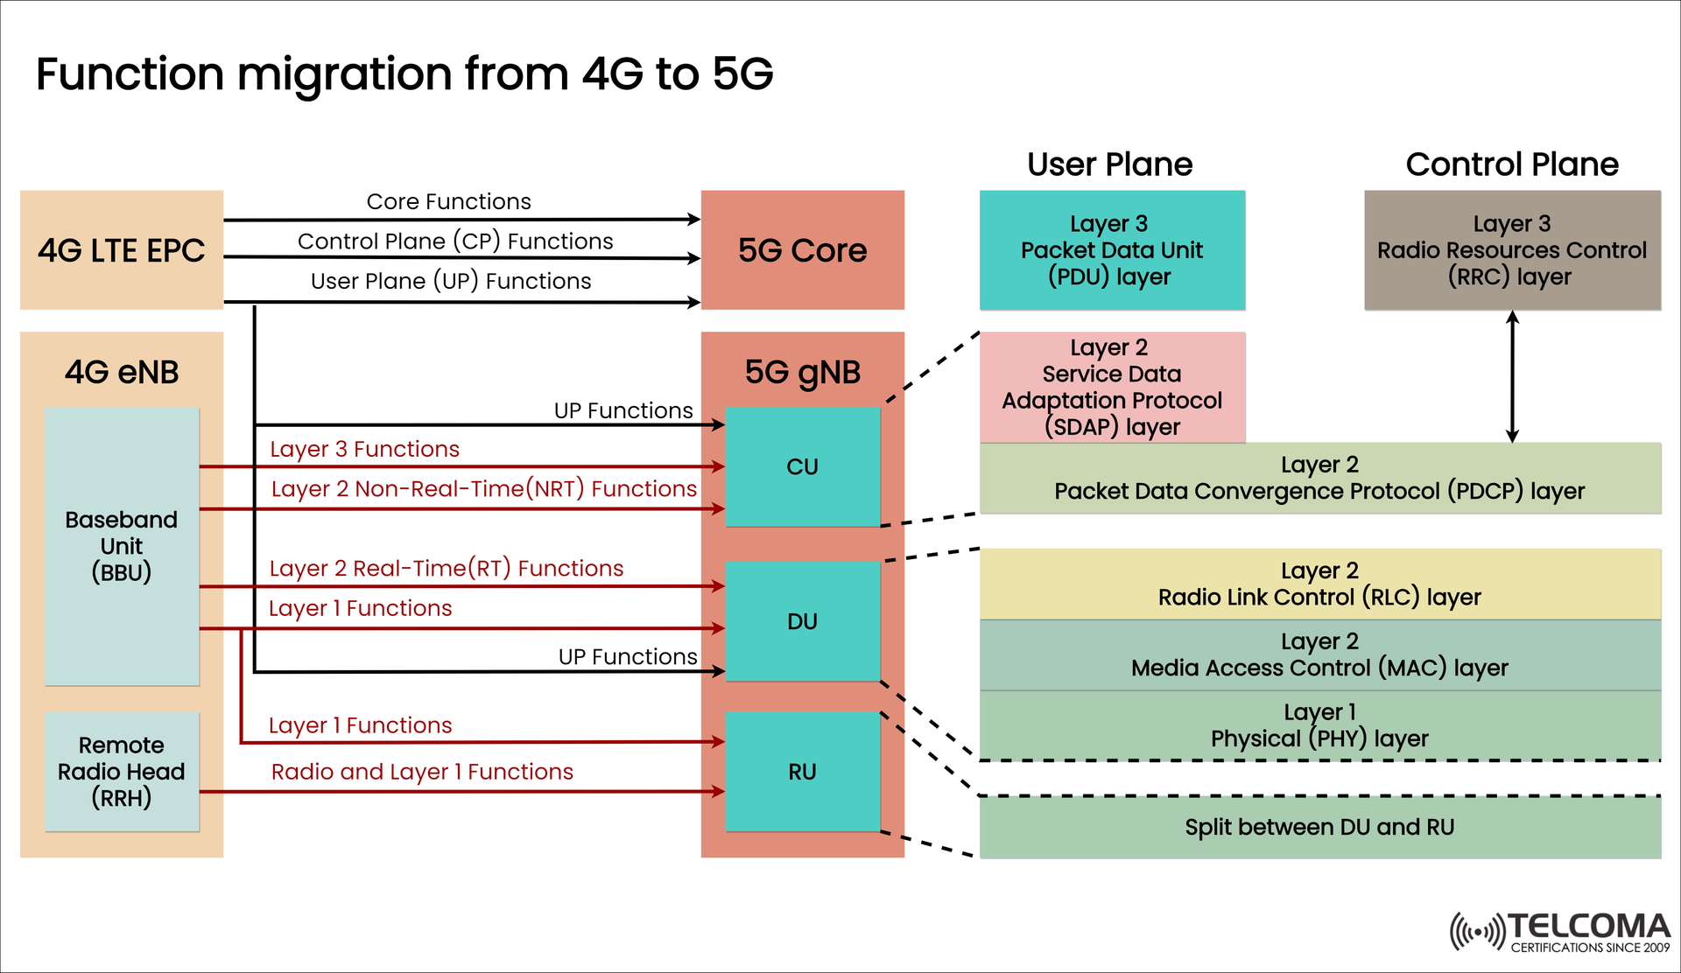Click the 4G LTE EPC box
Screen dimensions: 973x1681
pos(122,250)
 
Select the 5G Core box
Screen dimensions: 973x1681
pos(802,250)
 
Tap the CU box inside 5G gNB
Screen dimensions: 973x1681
pos(802,466)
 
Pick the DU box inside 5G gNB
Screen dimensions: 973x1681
pos(802,621)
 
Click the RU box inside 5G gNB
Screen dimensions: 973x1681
pos(802,772)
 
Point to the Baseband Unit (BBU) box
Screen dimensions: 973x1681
pos(122,546)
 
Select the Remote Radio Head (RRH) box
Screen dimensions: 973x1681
pos(122,772)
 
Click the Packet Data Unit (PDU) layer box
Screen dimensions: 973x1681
pos(1112,250)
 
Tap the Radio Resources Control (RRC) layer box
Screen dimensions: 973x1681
pos(1512,250)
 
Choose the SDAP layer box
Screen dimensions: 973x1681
pos(1112,387)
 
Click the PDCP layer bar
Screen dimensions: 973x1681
pos(1319,479)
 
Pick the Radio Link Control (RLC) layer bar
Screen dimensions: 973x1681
pos(1319,584)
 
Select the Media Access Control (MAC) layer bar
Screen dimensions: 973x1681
pos(1319,655)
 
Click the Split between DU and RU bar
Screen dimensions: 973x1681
pos(1319,828)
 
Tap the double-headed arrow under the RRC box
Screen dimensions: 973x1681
pos(1512,376)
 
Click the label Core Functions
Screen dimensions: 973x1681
pos(448,202)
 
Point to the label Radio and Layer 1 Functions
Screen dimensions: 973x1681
pos(422,772)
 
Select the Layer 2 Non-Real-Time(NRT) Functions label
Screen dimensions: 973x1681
pos(483,489)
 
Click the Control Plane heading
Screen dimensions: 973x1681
pos(1512,164)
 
